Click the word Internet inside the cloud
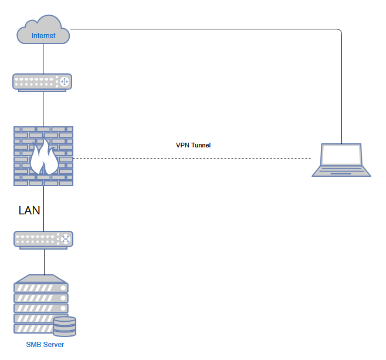43,36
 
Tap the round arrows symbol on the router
64,82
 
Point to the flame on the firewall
43,159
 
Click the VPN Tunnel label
193,145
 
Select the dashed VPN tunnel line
194,159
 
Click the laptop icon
341,159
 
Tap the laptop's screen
341,155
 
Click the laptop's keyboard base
341,171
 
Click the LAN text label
29,210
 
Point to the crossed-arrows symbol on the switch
65,239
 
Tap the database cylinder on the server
65,327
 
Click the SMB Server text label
45,345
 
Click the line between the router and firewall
43,109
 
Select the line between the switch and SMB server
43,262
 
